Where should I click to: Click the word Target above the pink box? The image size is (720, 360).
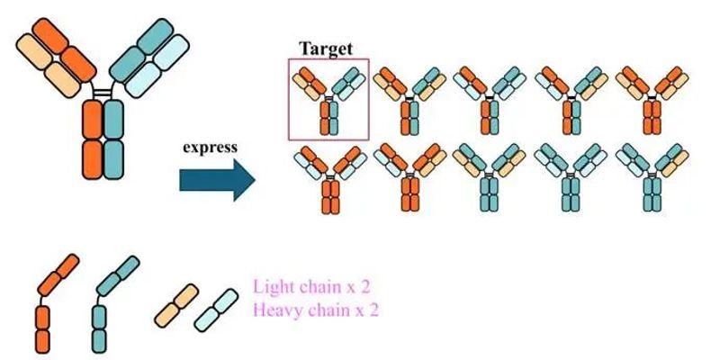[x=326, y=48]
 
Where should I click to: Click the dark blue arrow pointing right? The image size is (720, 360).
[x=217, y=180]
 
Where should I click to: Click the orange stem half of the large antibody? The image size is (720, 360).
[x=93, y=139]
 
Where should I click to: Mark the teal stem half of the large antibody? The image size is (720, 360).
[x=114, y=139]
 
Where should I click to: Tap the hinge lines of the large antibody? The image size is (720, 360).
[x=103, y=90]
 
